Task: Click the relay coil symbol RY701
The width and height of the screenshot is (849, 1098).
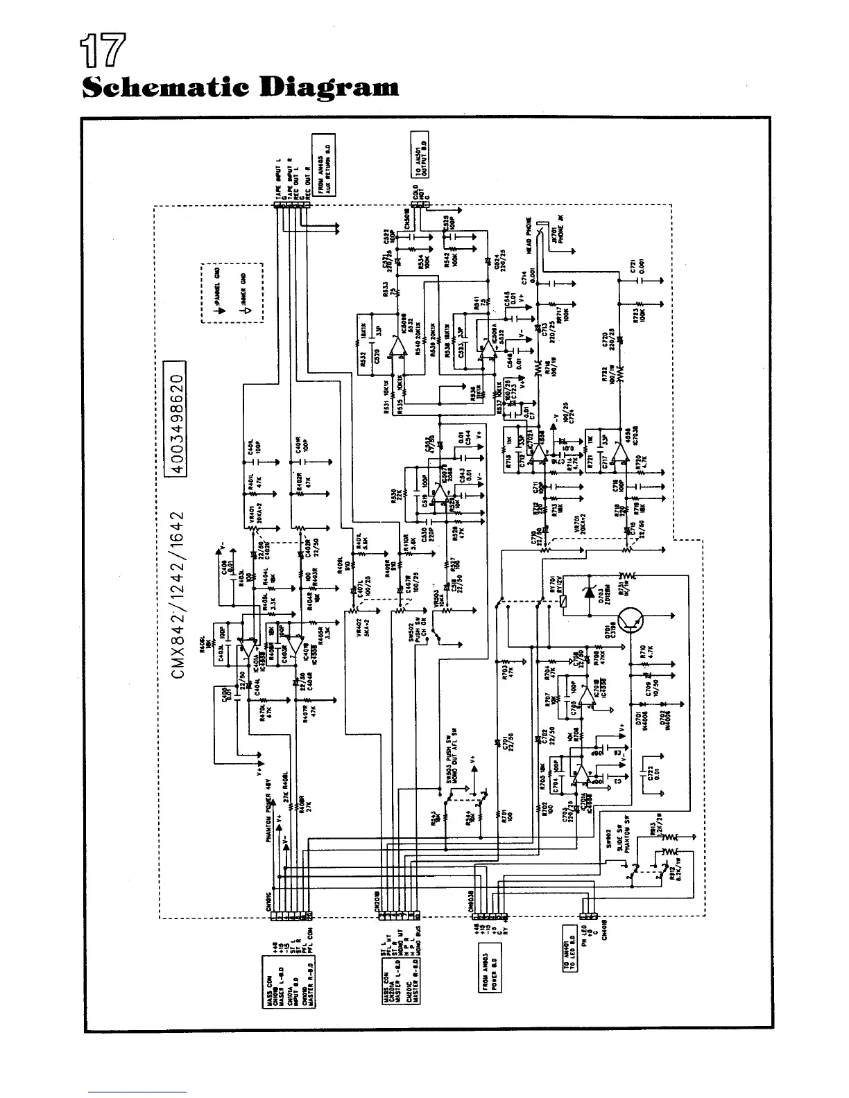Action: click(x=565, y=600)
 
